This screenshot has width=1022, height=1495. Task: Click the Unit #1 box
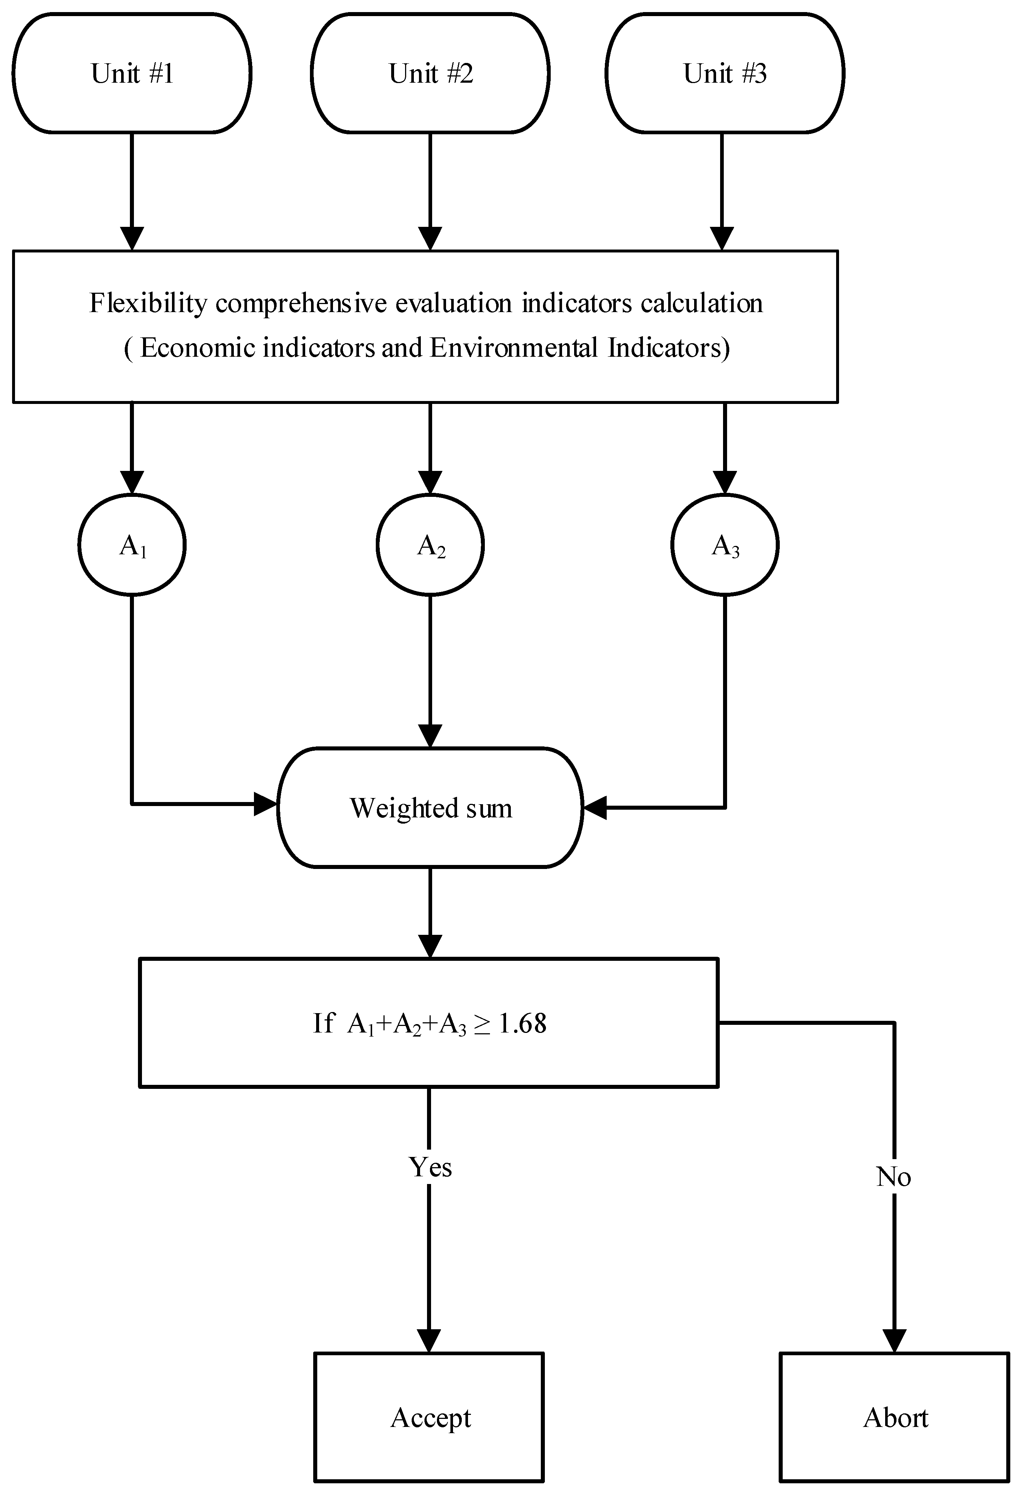pos(132,73)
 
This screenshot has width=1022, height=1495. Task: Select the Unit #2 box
pos(430,73)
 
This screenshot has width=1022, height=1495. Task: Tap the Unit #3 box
pos(725,73)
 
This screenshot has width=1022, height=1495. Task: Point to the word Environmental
pos(514,348)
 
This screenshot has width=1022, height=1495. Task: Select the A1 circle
pos(132,545)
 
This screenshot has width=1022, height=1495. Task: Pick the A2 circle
pos(430,545)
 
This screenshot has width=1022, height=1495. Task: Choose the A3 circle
pos(725,545)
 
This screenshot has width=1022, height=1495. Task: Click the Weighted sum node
pos(430,808)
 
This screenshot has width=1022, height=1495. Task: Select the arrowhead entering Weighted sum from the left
pos(266,803)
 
